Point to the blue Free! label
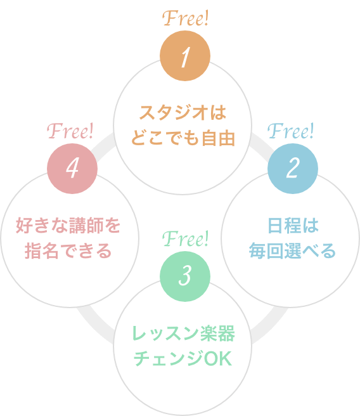click(x=291, y=132)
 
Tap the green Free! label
click(x=185, y=239)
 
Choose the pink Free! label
click(x=71, y=132)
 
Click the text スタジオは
click(x=183, y=114)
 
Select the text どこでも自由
click(x=183, y=138)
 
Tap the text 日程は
click(x=292, y=226)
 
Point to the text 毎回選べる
click(x=292, y=250)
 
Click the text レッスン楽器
click(x=183, y=334)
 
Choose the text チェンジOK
click(x=183, y=358)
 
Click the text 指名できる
click(x=68, y=250)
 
